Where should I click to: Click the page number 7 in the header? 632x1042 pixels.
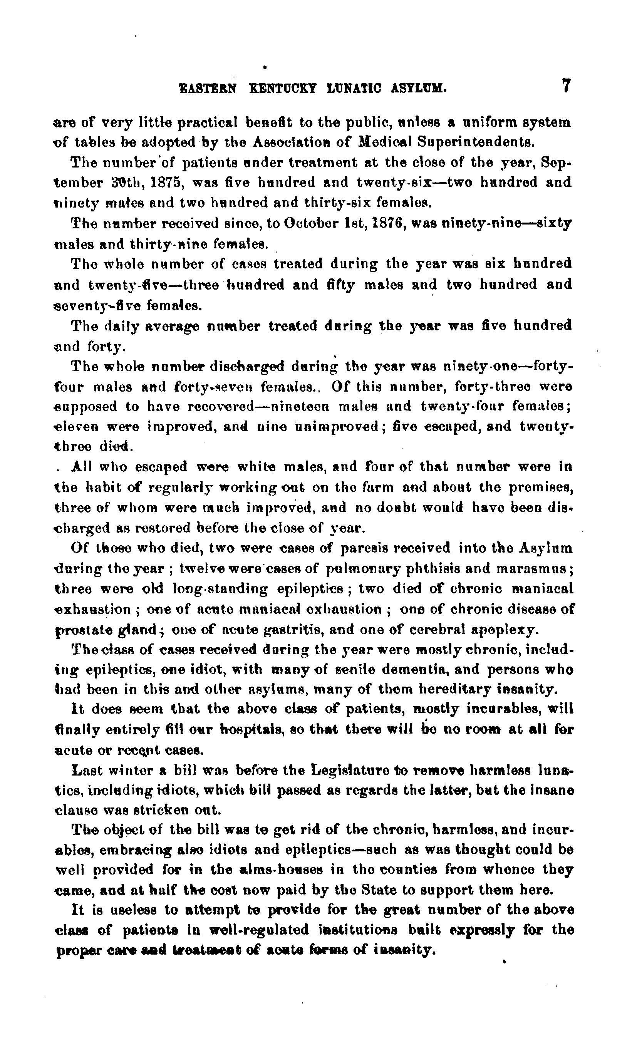coord(566,87)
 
